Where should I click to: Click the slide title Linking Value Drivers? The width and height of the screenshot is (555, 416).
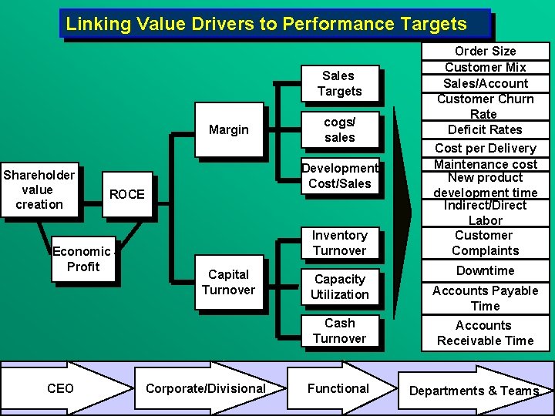pos(267,24)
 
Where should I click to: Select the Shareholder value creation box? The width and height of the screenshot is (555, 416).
pos(39,190)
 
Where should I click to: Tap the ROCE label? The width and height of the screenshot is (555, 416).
pos(126,194)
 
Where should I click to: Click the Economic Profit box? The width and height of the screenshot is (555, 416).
pos(82,259)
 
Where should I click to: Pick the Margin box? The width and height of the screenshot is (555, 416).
pos(228,129)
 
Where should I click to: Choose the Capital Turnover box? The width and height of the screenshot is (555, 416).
pos(228,282)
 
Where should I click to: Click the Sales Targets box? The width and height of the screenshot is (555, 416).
pos(339,83)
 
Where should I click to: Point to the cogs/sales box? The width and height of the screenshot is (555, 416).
pos(339,129)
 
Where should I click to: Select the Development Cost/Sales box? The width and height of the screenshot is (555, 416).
pos(340,176)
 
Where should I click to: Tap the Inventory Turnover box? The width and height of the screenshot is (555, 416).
pos(339,243)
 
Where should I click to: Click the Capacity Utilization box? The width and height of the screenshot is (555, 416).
pos(339,287)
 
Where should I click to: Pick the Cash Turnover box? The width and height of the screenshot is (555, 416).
pos(339,330)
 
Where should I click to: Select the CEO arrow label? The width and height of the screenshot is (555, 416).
pos(60,388)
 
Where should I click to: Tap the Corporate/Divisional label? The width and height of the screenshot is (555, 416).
pos(205,388)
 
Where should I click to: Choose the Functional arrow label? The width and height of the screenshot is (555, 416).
pos(338,388)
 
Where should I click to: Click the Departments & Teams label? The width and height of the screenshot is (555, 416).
pos(473,391)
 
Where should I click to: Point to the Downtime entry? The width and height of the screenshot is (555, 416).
pos(485,270)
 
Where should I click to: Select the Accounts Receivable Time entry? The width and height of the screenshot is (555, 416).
pos(485,333)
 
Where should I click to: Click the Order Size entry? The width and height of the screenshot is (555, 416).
pos(485,51)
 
